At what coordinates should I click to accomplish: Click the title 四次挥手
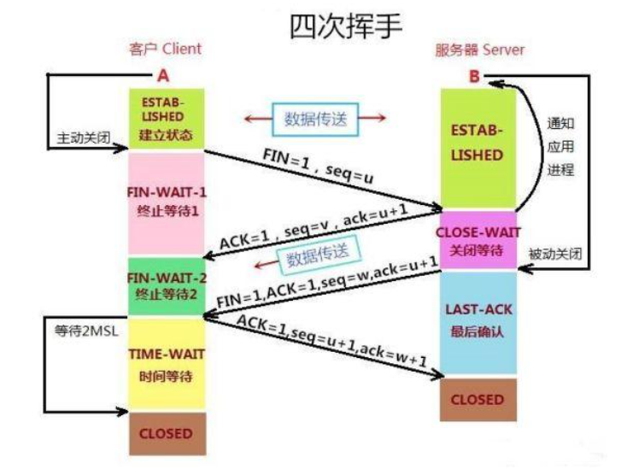[345, 26]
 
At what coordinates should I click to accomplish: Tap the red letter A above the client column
[163, 75]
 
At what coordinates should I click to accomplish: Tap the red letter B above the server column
[474, 76]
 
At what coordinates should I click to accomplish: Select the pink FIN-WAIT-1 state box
[167, 203]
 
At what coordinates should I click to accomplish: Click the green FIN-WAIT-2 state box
[167, 286]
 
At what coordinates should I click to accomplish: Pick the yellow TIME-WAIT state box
[167, 364]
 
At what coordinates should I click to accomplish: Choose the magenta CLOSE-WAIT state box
[478, 240]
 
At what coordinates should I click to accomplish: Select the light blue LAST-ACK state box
[478, 322]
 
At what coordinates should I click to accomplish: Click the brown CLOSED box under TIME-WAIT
[167, 434]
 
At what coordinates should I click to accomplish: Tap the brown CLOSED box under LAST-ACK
[478, 400]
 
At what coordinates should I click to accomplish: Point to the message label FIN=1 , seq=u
[319, 166]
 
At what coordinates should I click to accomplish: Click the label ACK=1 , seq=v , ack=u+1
[313, 226]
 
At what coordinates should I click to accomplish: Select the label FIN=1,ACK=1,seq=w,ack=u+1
[327, 282]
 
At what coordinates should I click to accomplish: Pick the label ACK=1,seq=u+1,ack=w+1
[332, 341]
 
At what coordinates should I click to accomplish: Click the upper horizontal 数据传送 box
[315, 119]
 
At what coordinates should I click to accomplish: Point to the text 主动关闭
[84, 138]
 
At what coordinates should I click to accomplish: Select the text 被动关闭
[555, 254]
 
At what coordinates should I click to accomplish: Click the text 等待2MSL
[86, 331]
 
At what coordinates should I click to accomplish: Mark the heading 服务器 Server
[479, 50]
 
